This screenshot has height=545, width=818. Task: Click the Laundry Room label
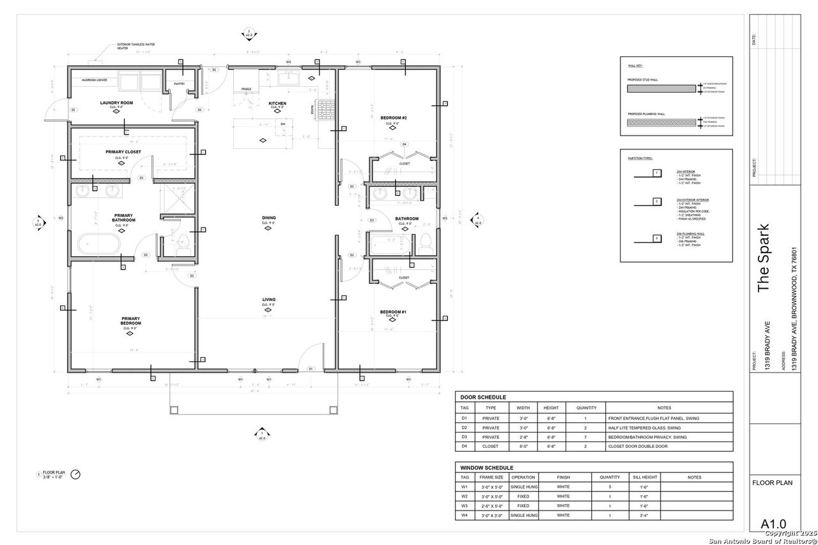tap(116, 103)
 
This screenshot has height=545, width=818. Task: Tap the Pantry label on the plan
tap(179, 84)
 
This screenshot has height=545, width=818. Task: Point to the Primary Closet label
tap(123, 152)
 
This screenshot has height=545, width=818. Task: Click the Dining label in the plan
tap(268, 218)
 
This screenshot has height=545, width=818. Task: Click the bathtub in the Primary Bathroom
tap(98, 244)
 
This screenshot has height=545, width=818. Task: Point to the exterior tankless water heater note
tap(135, 47)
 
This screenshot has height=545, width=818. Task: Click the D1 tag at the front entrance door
tap(311, 369)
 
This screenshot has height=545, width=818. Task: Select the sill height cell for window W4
tap(646, 515)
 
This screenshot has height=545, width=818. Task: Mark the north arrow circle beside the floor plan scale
tap(76, 475)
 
